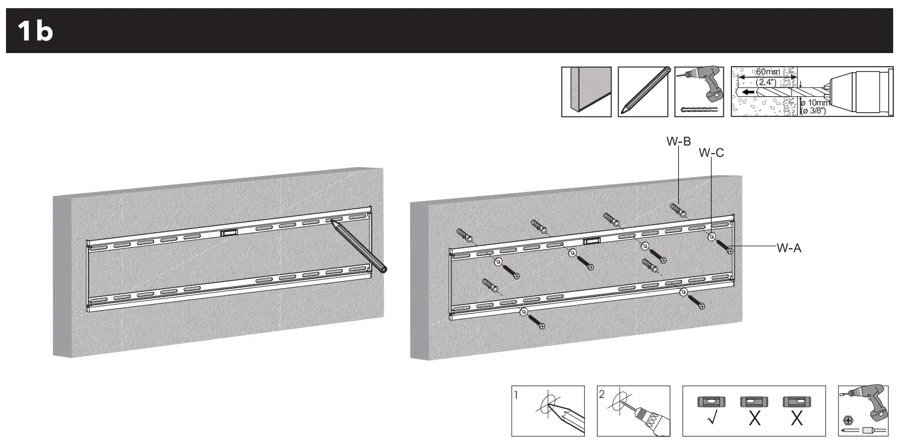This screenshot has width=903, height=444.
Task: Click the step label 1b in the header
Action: (35, 31)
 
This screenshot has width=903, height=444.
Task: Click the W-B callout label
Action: (678, 142)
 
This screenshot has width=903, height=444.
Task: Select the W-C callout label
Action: (711, 153)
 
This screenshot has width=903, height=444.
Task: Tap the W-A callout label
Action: (789, 248)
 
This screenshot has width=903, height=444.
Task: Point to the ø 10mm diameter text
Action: (814, 103)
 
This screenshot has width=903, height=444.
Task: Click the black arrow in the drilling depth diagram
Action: (748, 92)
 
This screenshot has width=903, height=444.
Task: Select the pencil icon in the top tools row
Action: (643, 91)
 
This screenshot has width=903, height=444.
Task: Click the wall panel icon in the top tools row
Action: (586, 91)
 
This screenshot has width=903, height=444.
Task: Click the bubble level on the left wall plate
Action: (228, 233)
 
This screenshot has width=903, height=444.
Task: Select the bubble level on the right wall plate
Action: (591, 241)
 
